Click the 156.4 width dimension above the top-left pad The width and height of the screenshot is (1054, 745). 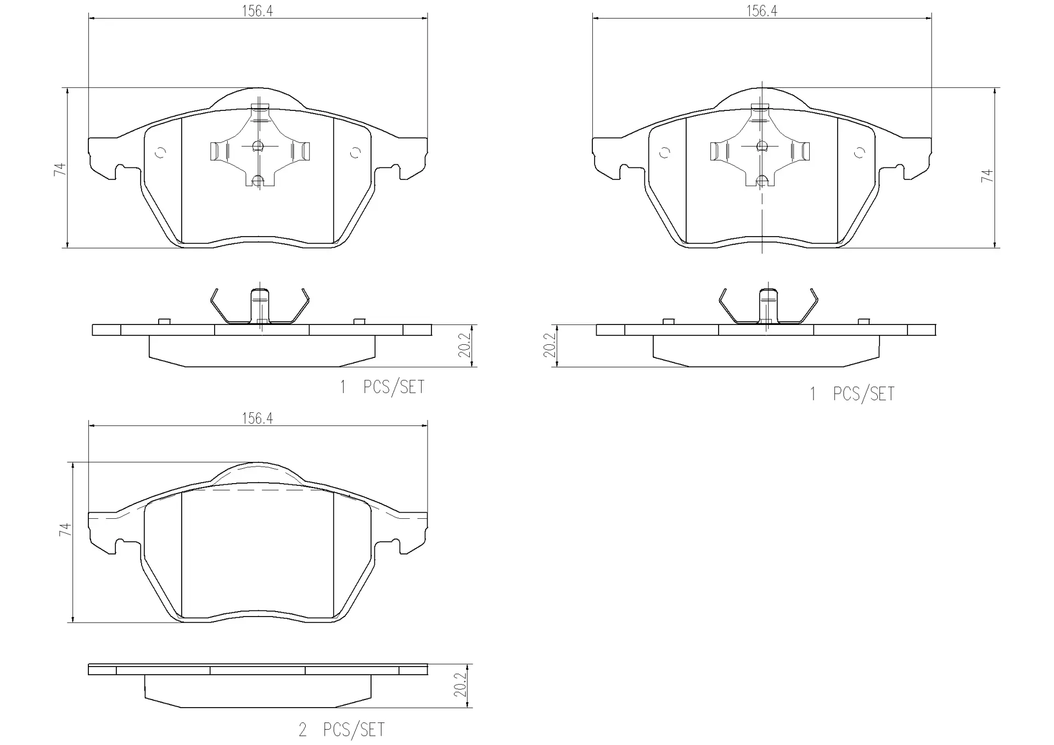tap(257, 12)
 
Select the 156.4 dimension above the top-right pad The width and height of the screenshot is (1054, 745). tap(761, 12)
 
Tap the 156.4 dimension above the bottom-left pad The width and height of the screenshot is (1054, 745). tap(257, 418)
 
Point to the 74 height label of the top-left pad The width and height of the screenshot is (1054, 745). tap(60, 169)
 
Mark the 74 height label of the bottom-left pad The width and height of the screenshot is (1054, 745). tap(65, 529)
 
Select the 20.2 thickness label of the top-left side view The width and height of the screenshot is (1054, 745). tap(464, 345)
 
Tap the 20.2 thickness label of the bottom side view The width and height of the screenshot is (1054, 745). tap(460, 685)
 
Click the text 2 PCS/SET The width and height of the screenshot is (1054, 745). tap(341, 730)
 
